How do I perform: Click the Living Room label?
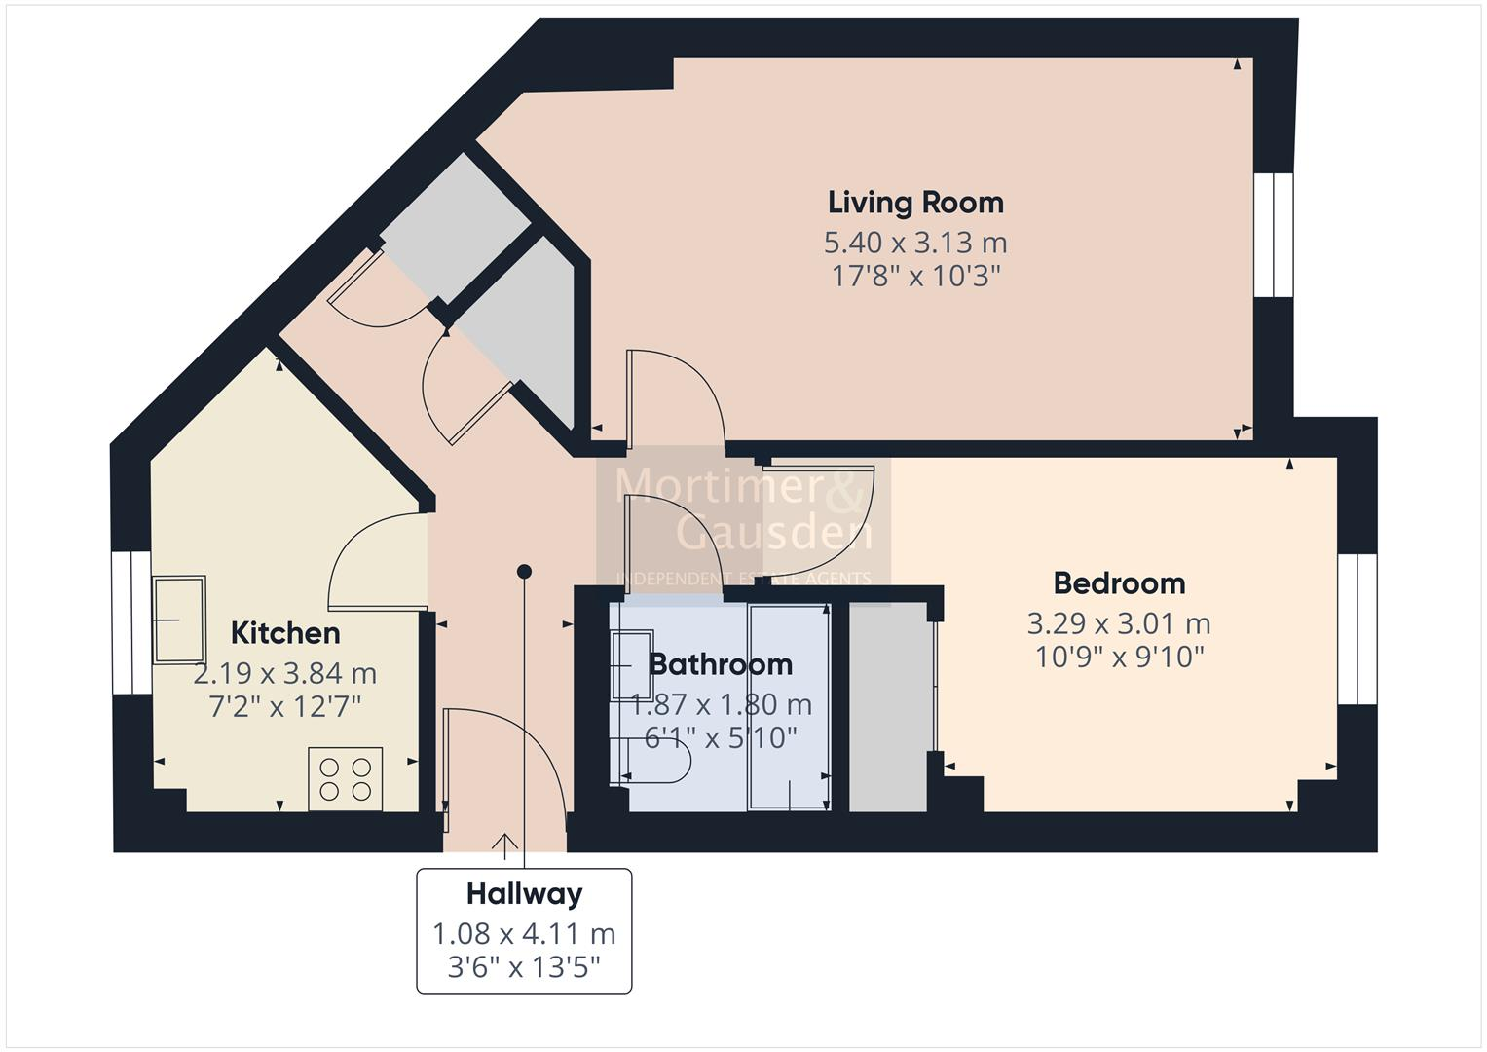(x=915, y=203)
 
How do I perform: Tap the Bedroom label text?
(x=1119, y=583)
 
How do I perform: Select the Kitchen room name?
(x=285, y=633)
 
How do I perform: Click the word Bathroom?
(x=721, y=664)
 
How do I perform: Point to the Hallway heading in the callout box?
(x=524, y=893)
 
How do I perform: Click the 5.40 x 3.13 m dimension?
(x=915, y=242)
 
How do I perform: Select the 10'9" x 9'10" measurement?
(x=1119, y=657)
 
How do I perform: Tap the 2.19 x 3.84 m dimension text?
(x=285, y=673)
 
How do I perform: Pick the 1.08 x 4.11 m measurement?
(x=524, y=934)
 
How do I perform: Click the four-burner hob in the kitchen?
(x=346, y=778)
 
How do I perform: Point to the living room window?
(x=1273, y=234)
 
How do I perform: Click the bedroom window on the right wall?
(x=1357, y=628)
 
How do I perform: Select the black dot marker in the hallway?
(x=524, y=571)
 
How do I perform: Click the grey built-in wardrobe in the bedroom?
(x=887, y=706)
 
